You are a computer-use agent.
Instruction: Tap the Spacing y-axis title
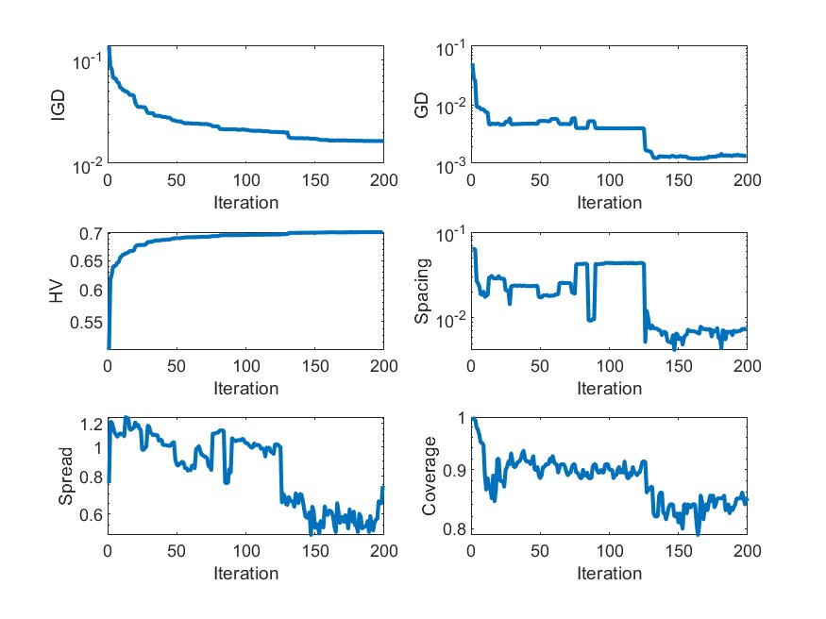(x=422, y=291)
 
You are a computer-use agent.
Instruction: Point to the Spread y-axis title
(x=65, y=477)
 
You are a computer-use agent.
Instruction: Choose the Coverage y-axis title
(x=429, y=477)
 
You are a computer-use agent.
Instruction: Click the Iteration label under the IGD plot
(x=245, y=202)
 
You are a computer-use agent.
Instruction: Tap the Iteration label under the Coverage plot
(x=609, y=573)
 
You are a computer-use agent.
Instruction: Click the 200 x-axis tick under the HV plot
(x=383, y=366)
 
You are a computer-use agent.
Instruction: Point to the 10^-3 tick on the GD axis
(x=449, y=166)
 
